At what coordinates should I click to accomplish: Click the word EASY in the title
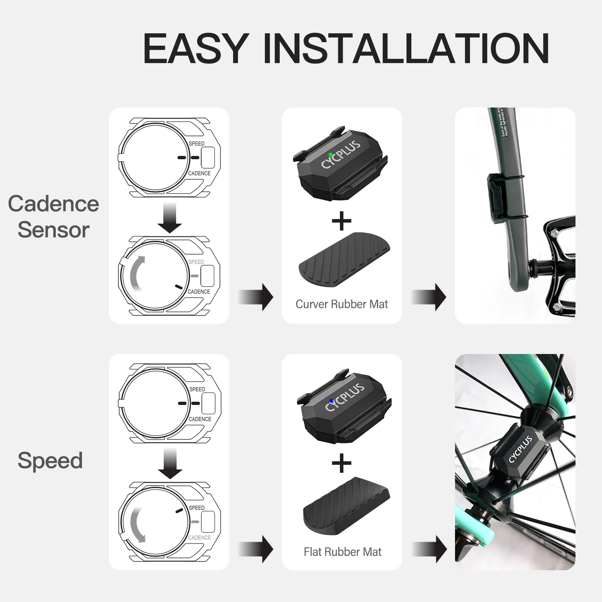(x=195, y=49)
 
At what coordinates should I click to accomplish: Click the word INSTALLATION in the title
(x=406, y=49)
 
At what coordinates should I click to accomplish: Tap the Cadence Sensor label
(x=53, y=217)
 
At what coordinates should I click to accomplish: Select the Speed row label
(x=50, y=460)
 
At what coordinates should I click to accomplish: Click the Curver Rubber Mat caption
(x=342, y=304)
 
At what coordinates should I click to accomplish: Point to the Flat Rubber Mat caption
(x=342, y=552)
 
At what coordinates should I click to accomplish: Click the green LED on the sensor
(x=330, y=155)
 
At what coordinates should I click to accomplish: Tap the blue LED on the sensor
(x=331, y=401)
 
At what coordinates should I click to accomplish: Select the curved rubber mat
(x=344, y=259)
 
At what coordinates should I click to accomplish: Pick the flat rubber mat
(x=346, y=506)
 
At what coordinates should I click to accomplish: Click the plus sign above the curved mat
(x=342, y=221)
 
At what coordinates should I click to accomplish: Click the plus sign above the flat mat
(x=342, y=463)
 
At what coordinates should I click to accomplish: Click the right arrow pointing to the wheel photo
(x=430, y=549)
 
